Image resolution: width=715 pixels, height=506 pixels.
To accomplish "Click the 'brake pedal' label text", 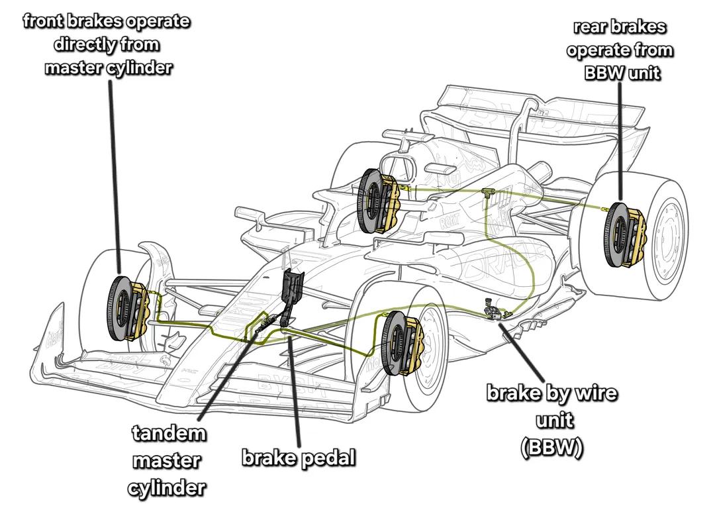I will coord(299,458).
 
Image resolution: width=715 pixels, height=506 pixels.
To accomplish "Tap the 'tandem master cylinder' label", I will coord(167,461).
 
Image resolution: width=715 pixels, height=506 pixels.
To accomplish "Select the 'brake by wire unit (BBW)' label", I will coord(552,420).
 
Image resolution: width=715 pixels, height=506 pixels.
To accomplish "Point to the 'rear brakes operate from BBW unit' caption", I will coord(620,50).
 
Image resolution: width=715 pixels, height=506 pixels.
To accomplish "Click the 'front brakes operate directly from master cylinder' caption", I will coord(107,44).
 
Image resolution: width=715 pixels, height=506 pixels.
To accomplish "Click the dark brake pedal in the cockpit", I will coord(291,288).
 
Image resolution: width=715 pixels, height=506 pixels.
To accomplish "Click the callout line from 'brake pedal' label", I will coord(295,391).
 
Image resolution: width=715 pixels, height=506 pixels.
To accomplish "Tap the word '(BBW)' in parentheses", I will coord(551,448).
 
